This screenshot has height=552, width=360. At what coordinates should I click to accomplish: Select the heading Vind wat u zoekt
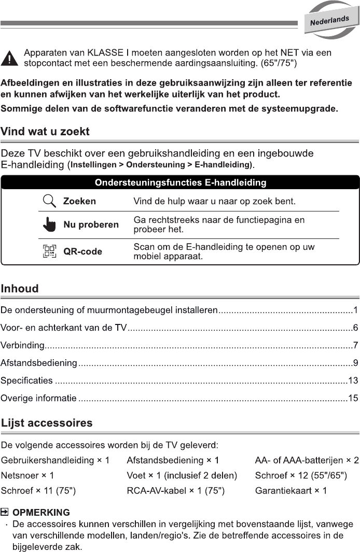coord(45,132)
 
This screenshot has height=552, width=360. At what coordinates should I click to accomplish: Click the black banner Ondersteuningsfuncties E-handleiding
coord(180,182)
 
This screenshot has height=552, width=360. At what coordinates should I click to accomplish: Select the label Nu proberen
coord(91,225)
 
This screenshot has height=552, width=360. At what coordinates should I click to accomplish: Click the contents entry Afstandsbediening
coord(39,363)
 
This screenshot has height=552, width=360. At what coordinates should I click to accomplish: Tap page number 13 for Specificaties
coord(353,381)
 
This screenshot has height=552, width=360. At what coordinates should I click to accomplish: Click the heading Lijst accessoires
coord(47,423)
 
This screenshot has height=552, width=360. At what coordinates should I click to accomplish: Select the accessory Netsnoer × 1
coord(27,475)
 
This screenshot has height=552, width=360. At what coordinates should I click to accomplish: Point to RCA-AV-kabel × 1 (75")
coord(175,490)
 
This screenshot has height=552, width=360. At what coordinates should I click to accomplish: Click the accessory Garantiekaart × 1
coord(290,490)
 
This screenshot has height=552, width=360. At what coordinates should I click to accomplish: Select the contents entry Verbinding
coord(23,345)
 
